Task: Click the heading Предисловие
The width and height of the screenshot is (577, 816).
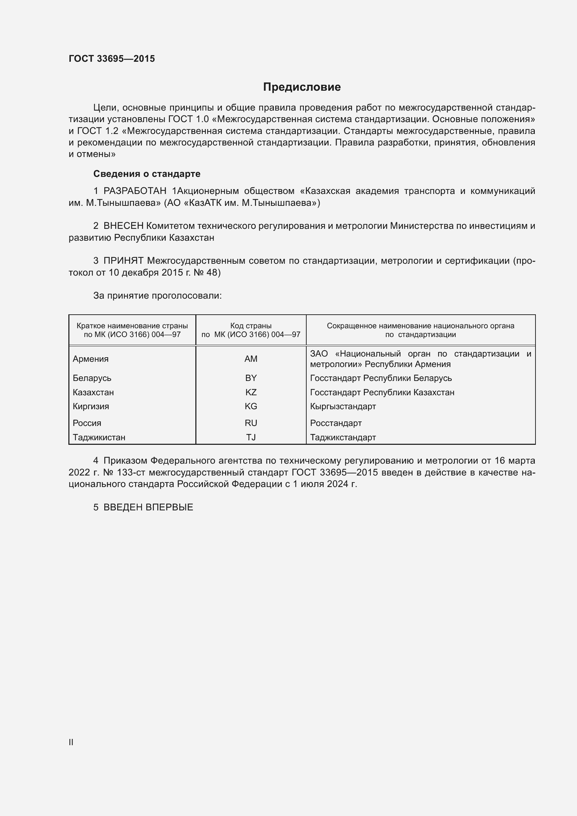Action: (302, 87)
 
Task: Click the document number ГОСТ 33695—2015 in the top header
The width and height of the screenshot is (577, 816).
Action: (112, 59)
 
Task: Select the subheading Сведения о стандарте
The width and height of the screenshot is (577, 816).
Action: (147, 174)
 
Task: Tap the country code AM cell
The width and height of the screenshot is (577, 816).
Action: (251, 359)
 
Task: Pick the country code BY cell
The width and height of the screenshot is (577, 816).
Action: (251, 378)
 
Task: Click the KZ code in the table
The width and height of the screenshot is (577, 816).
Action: (251, 392)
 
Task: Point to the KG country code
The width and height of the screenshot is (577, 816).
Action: (251, 406)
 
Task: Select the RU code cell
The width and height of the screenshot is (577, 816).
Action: (251, 423)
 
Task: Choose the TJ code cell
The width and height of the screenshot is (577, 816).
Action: (251, 437)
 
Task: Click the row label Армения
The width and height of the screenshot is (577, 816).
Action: (91, 359)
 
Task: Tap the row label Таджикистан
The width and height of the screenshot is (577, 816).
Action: (99, 437)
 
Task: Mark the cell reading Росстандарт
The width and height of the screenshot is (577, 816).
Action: (336, 423)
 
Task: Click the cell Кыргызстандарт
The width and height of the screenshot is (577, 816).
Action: (343, 406)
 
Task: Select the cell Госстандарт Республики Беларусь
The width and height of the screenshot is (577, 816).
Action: (381, 378)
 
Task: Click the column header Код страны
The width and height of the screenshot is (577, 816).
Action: (251, 326)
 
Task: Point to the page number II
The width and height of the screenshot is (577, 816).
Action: (71, 742)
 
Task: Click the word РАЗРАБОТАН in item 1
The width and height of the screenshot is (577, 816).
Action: (135, 191)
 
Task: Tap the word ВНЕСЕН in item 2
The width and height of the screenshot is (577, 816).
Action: (123, 226)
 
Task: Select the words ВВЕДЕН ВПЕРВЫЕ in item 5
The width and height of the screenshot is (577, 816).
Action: (148, 508)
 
